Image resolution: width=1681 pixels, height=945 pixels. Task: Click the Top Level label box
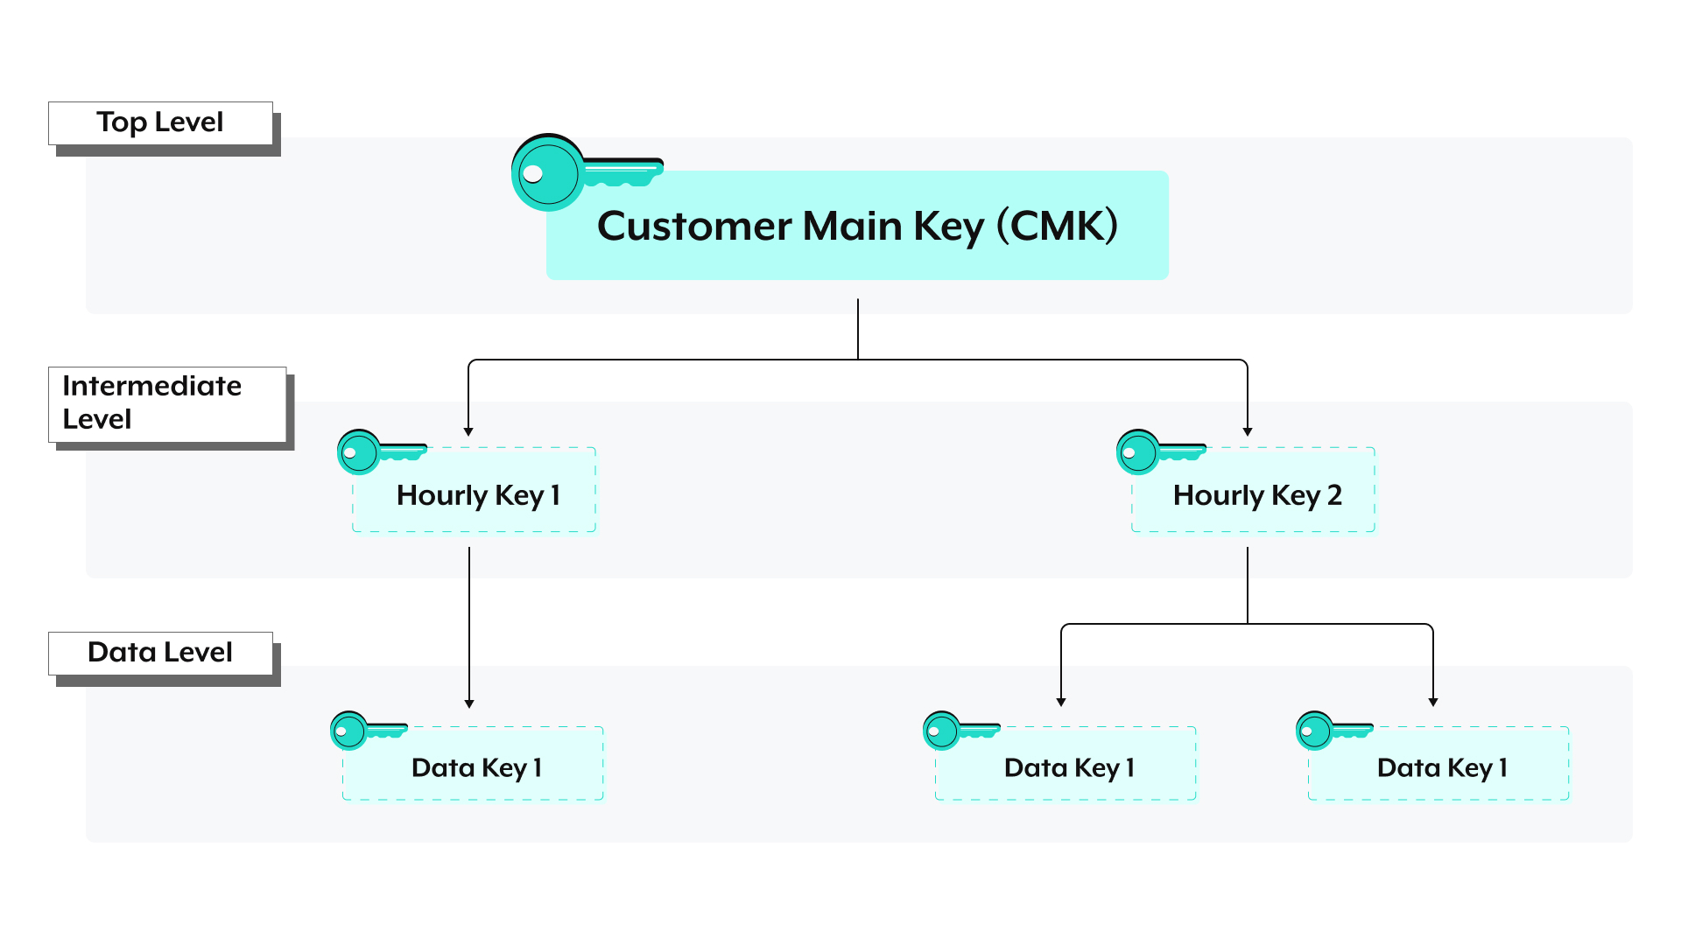coord(160,122)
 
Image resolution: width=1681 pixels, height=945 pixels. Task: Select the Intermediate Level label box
coord(166,403)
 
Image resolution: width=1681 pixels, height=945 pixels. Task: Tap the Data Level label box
coord(160,653)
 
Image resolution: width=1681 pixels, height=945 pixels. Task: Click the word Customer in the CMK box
coord(693,227)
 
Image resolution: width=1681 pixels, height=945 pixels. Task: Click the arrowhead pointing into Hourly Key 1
coord(468,431)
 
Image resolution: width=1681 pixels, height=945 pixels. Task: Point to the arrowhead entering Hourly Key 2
coord(1248,431)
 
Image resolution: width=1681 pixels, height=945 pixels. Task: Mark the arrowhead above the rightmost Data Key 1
coord(1433,702)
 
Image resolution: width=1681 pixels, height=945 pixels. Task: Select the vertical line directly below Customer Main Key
coord(858,328)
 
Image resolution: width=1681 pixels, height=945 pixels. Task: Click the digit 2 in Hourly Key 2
coord(1334,495)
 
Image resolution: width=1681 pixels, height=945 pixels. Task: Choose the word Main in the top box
coord(852,227)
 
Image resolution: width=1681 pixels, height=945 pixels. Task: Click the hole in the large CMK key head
coord(532,174)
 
